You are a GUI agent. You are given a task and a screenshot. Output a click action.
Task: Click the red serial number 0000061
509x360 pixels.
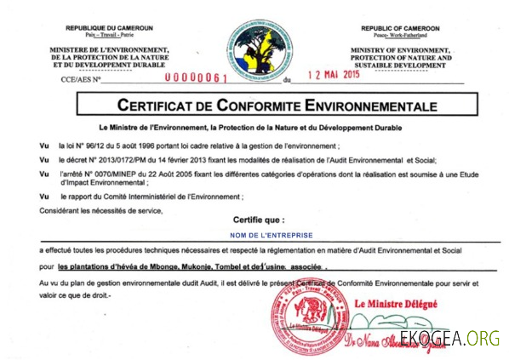(x=197, y=77)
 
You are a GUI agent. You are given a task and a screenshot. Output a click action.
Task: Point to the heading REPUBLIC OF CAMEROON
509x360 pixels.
(x=399, y=28)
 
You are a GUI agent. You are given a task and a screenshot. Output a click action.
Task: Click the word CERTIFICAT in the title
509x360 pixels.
(x=163, y=106)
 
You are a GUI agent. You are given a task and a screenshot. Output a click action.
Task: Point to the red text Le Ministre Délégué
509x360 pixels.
(x=394, y=303)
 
